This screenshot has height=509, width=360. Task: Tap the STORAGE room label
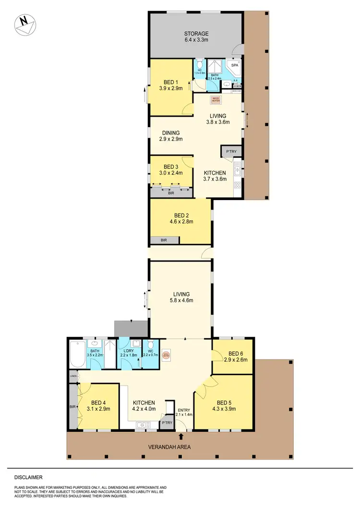[197, 34]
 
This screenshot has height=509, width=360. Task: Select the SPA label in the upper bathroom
[235, 65]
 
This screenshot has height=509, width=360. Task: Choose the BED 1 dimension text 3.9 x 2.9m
[171, 88]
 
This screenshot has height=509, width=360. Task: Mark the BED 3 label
[171, 167]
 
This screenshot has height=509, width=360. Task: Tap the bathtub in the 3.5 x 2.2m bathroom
[77, 355]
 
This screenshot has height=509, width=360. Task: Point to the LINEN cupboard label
[73, 376]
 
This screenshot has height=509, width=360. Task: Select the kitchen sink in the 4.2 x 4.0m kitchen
[143, 425]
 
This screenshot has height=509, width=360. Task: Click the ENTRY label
[184, 409]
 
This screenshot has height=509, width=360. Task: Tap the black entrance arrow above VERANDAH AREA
[181, 436]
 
